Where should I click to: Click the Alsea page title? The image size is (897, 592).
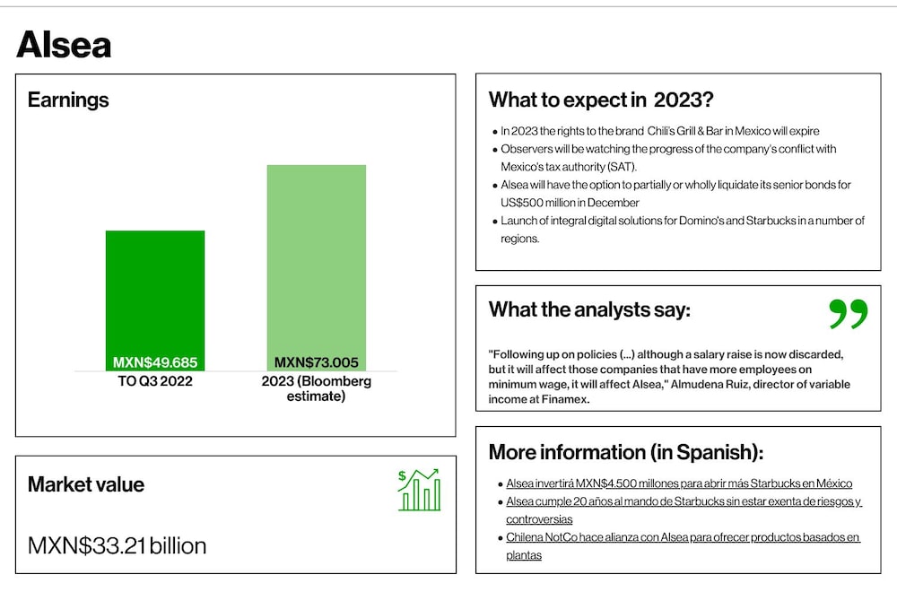(64, 45)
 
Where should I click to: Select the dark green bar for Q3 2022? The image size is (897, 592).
(155, 300)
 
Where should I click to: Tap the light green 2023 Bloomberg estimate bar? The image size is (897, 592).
(317, 267)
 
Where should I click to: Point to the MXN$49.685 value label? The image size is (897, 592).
(155, 362)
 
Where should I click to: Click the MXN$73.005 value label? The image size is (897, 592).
(317, 362)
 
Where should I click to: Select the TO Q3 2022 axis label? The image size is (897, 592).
(155, 381)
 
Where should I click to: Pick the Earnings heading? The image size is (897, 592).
(68, 100)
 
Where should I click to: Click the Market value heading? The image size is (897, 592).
(86, 484)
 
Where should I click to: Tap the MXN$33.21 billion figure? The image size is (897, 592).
(117, 545)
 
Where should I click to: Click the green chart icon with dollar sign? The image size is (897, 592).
(419, 490)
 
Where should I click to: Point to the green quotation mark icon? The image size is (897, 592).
(849, 313)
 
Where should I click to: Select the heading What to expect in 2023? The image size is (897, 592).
(601, 100)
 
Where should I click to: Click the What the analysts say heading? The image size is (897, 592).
(589, 309)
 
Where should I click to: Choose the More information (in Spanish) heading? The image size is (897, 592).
(626, 452)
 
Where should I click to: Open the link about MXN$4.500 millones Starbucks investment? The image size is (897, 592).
(679, 483)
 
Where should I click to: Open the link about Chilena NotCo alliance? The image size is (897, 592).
(683, 545)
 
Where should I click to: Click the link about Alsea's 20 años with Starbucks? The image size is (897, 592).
(684, 510)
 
